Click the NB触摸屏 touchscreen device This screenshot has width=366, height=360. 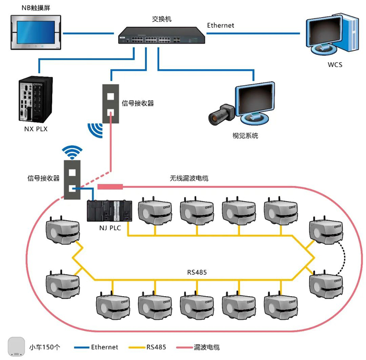[x=35, y=31]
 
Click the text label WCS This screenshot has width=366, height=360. [x=335, y=65]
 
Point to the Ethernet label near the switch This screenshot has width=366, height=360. [x=220, y=25]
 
